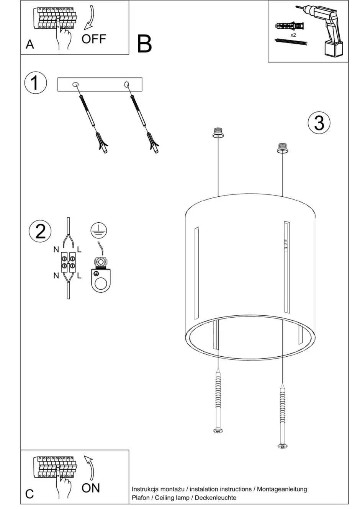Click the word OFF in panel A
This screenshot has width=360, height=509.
(x=93, y=39)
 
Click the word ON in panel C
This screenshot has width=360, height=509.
(x=91, y=488)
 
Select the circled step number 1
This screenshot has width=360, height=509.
(x=35, y=83)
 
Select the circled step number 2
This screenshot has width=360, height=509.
(x=40, y=231)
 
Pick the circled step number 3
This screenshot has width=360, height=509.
(x=319, y=123)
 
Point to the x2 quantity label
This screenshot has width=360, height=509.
(x=293, y=35)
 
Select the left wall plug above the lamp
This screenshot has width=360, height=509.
(x=218, y=132)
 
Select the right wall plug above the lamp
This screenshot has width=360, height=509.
(x=282, y=147)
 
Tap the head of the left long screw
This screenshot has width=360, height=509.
(x=218, y=431)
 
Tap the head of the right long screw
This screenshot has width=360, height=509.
(x=282, y=446)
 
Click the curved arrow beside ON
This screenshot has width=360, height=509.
(x=90, y=467)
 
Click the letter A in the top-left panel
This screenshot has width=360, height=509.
(x=29, y=44)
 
